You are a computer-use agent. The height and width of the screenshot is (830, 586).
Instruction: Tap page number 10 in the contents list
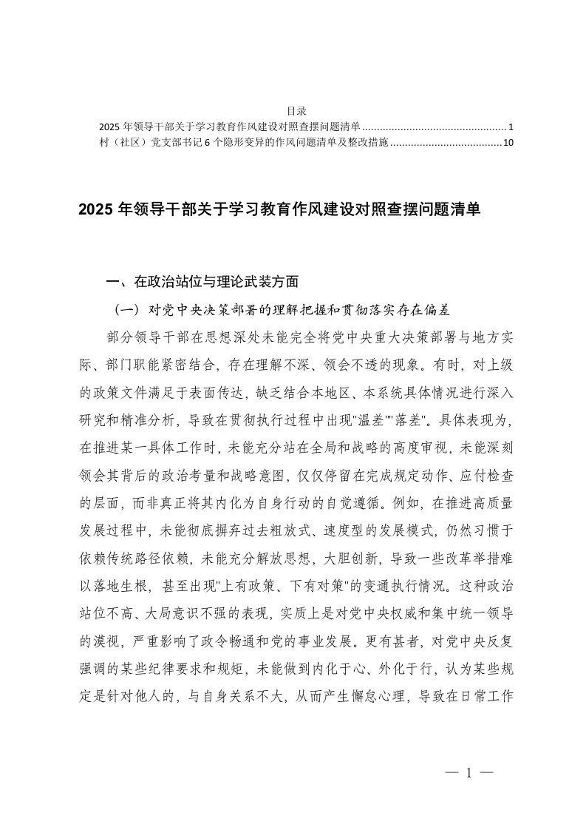pyautogui.click(x=507, y=144)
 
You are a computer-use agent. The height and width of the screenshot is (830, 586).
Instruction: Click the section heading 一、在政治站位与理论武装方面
pyautogui.click(x=202, y=281)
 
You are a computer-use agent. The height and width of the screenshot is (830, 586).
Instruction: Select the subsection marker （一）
pyautogui.click(x=123, y=307)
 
